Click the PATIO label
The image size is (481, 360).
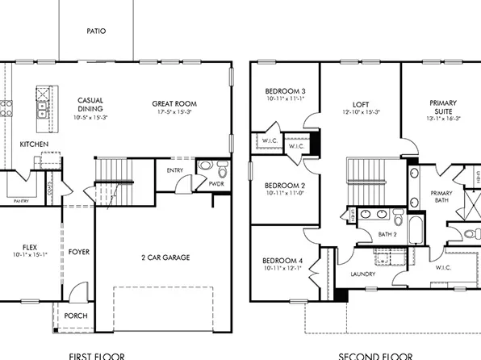pyautogui.click(x=96, y=31)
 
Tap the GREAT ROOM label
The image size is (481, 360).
pyautogui.click(x=174, y=104)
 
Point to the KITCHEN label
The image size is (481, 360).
pyautogui.click(x=34, y=144)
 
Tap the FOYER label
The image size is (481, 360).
pyautogui.click(x=79, y=252)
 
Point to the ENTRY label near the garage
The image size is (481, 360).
pyautogui.click(x=175, y=170)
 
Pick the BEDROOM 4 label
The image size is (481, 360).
pyautogui.click(x=282, y=260)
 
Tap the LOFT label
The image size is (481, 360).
pyautogui.click(x=361, y=104)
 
